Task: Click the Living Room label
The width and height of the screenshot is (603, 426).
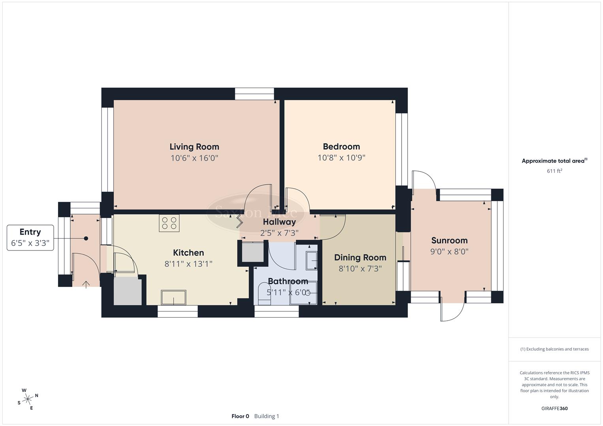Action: [x=194, y=147]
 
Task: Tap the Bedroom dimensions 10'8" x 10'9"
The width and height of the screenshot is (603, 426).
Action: [x=341, y=158]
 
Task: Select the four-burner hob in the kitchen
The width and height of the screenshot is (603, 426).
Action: [x=169, y=223]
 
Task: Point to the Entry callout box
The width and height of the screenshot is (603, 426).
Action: [x=30, y=237]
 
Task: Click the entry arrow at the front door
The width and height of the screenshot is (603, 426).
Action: [x=86, y=284]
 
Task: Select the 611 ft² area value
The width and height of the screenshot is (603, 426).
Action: [x=554, y=171]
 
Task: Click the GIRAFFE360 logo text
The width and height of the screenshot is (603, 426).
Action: [x=554, y=408]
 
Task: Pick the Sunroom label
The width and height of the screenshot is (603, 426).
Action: [x=449, y=240]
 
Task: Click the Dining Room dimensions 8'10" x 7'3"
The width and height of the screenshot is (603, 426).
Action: [x=360, y=269]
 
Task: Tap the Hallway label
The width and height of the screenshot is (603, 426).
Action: [x=279, y=222]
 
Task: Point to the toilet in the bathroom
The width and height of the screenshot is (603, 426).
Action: [x=263, y=295]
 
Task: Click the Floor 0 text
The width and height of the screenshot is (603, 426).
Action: [x=240, y=416]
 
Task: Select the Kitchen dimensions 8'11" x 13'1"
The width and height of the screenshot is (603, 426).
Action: [x=188, y=263]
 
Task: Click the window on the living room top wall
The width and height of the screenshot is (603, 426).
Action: [x=254, y=94]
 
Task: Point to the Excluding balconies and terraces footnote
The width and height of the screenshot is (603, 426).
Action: [x=554, y=349]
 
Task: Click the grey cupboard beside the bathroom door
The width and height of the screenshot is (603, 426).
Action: [x=252, y=252]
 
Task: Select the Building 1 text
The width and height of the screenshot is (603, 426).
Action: [x=267, y=416]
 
